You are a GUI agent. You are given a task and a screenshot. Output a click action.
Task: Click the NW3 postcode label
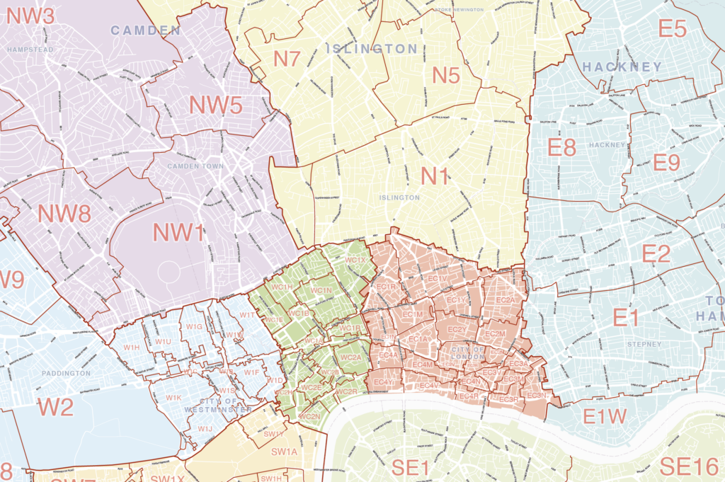[x=30, y=16]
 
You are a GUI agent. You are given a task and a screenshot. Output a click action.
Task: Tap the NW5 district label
[x=215, y=105]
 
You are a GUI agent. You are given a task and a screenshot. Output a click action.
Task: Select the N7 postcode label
[x=287, y=59]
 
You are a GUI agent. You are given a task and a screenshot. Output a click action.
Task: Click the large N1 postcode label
[x=435, y=176]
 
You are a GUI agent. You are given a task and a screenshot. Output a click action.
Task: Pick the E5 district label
[x=673, y=29]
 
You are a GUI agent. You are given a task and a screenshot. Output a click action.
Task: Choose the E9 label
[x=666, y=163]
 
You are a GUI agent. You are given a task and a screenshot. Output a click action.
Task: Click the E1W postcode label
[x=605, y=417]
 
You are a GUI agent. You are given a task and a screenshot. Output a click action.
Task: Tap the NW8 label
[x=64, y=213]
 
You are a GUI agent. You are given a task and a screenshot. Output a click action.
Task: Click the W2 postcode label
[x=55, y=407]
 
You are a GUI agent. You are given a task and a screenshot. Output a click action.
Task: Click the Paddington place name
[x=66, y=373]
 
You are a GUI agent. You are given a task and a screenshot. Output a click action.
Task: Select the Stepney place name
[x=644, y=345]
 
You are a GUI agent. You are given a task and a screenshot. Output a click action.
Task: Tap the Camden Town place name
[x=195, y=166]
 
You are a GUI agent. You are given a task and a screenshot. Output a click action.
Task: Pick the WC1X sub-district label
[x=355, y=260]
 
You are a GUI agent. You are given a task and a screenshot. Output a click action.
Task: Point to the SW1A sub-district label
[x=284, y=452]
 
